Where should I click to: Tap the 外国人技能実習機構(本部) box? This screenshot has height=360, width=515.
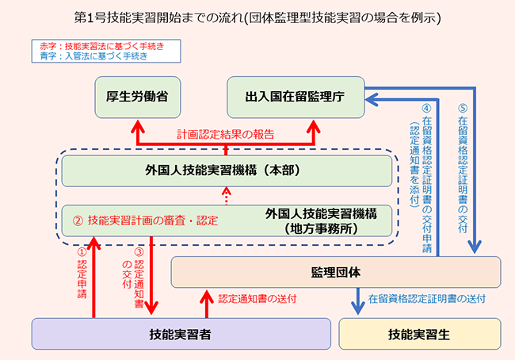click(x=227, y=170)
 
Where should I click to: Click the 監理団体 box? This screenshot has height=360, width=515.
click(x=336, y=272)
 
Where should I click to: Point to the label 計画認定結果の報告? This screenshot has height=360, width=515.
click(x=226, y=135)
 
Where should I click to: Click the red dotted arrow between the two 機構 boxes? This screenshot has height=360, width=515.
click(x=227, y=195)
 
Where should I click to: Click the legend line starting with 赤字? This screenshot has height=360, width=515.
click(x=101, y=47)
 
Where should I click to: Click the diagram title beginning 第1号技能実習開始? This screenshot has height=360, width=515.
click(x=257, y=17)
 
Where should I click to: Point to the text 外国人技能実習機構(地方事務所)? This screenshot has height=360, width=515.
click(x=321, y=220)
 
